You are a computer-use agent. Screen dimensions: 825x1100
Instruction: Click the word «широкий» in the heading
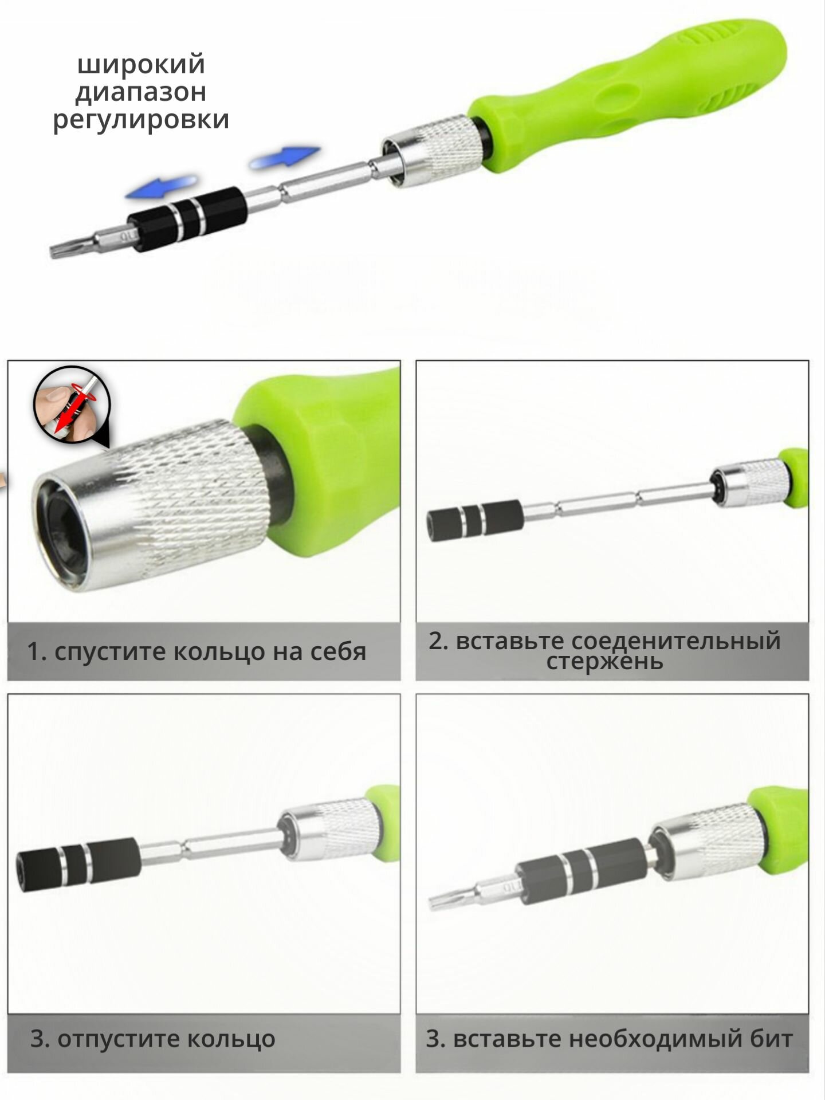point(141,65)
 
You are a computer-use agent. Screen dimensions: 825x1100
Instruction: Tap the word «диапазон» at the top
point(141,93)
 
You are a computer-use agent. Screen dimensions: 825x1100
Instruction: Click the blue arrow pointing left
point(162,187)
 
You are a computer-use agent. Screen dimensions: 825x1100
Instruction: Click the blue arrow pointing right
point(284,157)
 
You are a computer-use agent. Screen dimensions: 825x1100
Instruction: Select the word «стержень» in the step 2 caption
point(604,663)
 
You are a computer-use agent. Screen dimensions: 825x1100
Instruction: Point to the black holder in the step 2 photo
point(474,517)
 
